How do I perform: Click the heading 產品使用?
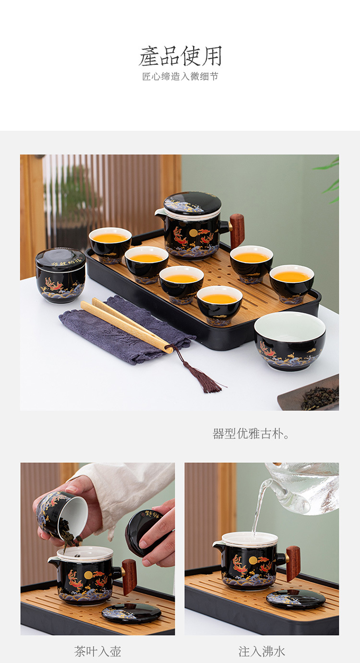coord(180,56)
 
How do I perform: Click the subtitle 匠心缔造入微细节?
coord(180,77)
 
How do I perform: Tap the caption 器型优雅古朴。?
coord(251,434)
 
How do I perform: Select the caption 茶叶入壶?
coord(97,651)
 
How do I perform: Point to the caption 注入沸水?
coord(262,651)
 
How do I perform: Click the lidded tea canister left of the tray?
coord(60,275)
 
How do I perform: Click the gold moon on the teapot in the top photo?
coord(193,233)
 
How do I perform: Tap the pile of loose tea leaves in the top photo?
coord(320,398)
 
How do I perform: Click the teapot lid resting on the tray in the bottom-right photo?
coord(296,599)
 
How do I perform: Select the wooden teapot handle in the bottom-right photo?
coord(293,563)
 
